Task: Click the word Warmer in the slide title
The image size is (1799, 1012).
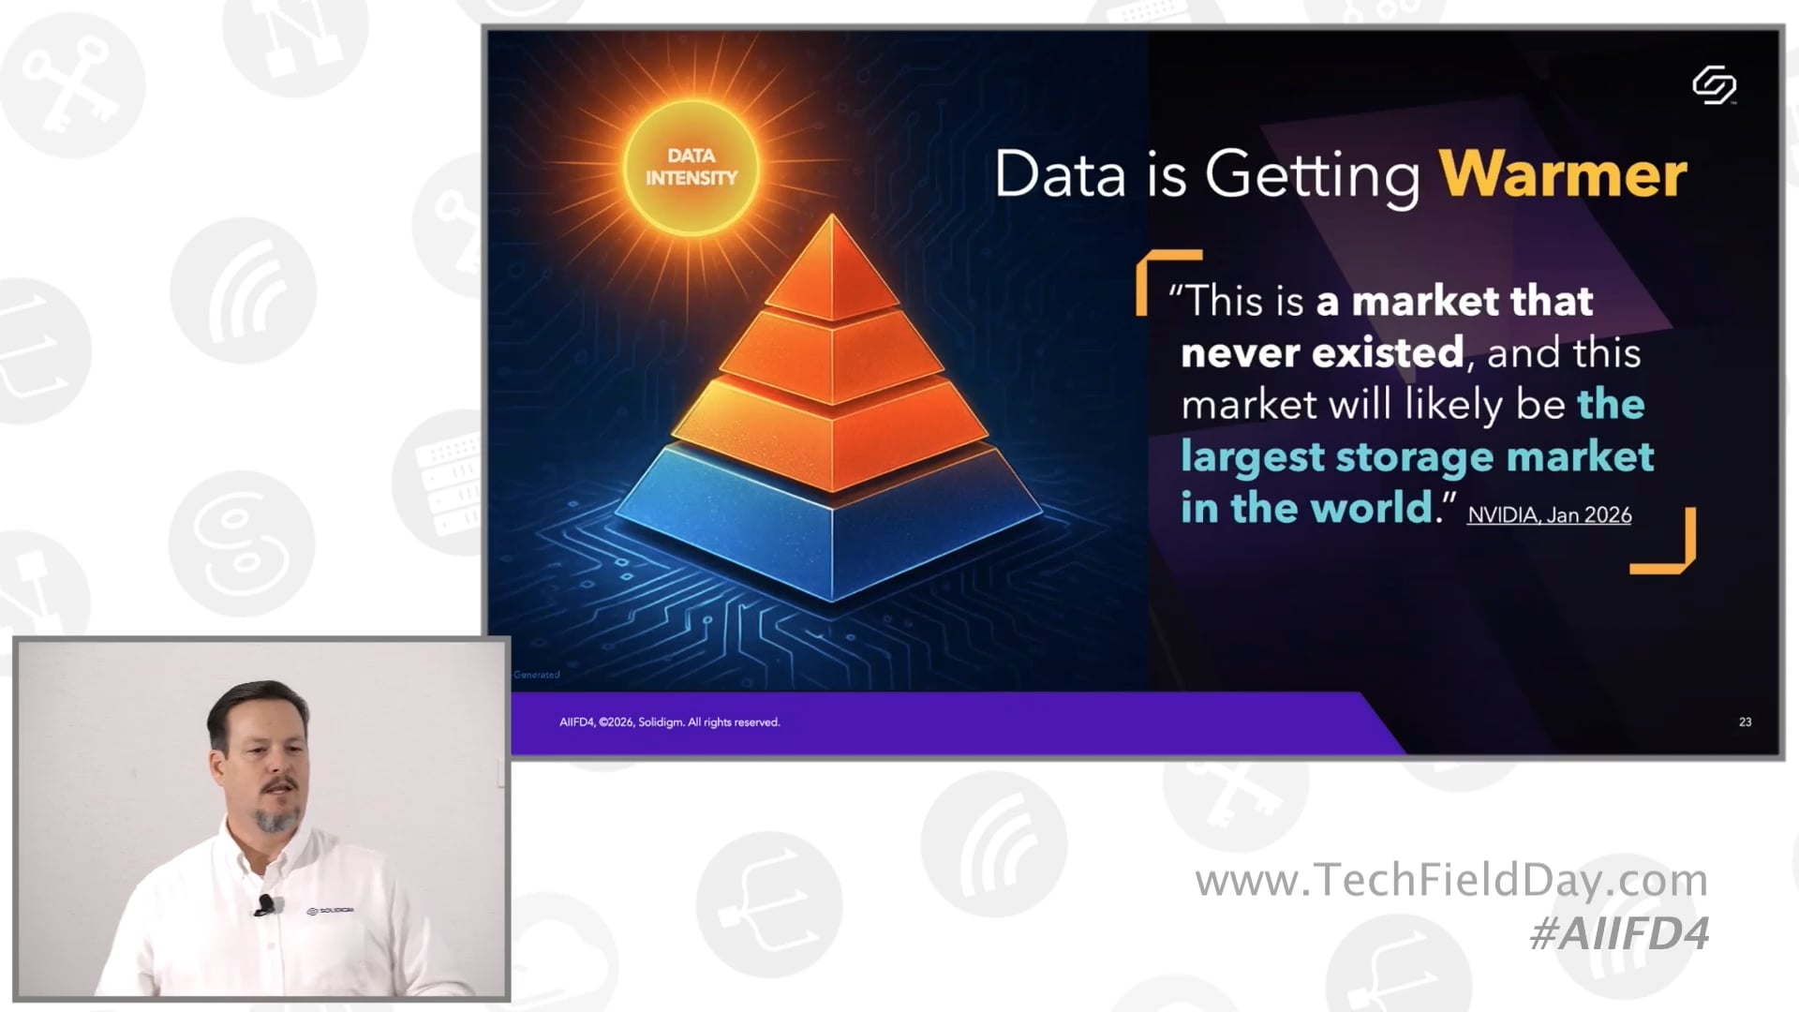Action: [1562, 174]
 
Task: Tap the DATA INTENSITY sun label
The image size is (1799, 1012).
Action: [691, 167]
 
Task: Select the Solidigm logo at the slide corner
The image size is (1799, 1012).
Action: [1714, 85]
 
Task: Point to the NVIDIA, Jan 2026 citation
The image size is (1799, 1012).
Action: [1549, 515]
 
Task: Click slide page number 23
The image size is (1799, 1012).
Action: [1745, 722]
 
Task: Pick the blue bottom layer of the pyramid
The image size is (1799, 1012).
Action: [829, 525]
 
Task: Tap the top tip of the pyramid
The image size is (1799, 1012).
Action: [832, 225]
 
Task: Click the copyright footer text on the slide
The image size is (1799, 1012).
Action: [669, 722]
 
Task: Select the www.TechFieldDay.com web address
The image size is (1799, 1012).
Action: [1450, 880]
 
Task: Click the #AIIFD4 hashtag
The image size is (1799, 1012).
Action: [1619, 934]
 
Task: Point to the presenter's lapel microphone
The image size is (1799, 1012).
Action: [265, 904]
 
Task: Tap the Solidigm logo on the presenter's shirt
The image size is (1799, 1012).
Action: [330, 910]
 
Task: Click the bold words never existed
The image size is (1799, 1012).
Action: [1321, 353]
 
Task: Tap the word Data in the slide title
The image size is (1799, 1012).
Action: [1060, 174]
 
